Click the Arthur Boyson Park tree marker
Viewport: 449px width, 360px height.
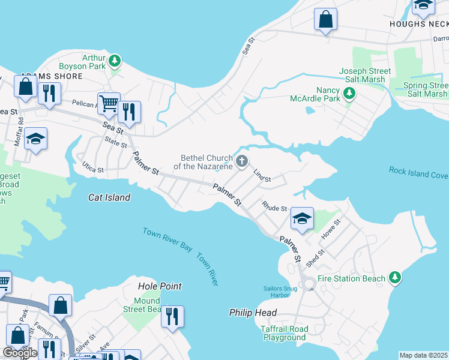(114, 61)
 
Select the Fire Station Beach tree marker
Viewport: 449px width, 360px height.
(394, 278)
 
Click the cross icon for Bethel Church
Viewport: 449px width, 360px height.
(242, 160)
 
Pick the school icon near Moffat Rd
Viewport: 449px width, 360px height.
(36, 139)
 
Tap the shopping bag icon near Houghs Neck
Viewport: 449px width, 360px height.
(325, 19)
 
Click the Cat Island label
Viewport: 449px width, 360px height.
(109, 197)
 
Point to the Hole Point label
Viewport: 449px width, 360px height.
(160, 287)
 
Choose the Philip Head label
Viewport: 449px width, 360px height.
(253, 313)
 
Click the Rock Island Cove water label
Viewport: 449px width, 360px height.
(418, 173)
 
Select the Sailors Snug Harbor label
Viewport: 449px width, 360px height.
(276, 292)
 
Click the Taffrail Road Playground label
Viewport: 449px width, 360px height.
(285, 333)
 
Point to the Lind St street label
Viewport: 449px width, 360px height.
(262, 176)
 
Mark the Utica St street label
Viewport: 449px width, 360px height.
(93, 167)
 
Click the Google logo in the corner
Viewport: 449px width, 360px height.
(20, 353)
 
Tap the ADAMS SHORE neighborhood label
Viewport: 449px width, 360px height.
(44, 77)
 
